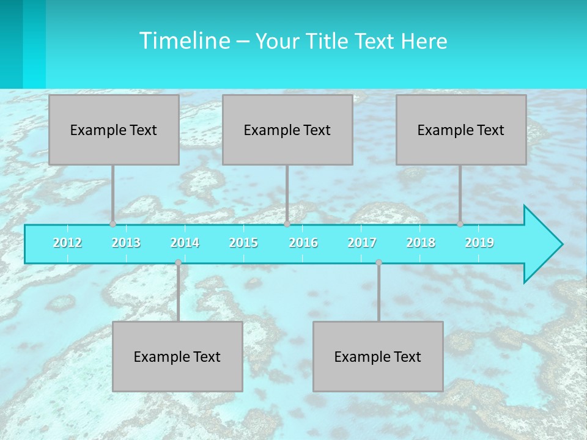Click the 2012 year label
(67, 243)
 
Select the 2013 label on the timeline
(126, 243)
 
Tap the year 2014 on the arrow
(185, 243)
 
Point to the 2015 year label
(243, 243)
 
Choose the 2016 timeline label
(303, 243)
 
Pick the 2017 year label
(362, 243)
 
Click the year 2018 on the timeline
(421, 243)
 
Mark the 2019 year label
(479, 243)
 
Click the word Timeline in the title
(183, 41)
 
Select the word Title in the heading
(327, 42)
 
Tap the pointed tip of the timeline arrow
(561, 244)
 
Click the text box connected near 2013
(114, 130)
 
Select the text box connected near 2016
(287, 130)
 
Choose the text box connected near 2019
(461, 130)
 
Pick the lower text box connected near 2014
(177, 356)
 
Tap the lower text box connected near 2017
(378, 356)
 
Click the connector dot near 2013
(113, 224)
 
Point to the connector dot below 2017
(378, 263)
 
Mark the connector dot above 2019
(460, 224)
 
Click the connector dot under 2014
(178, 263)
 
